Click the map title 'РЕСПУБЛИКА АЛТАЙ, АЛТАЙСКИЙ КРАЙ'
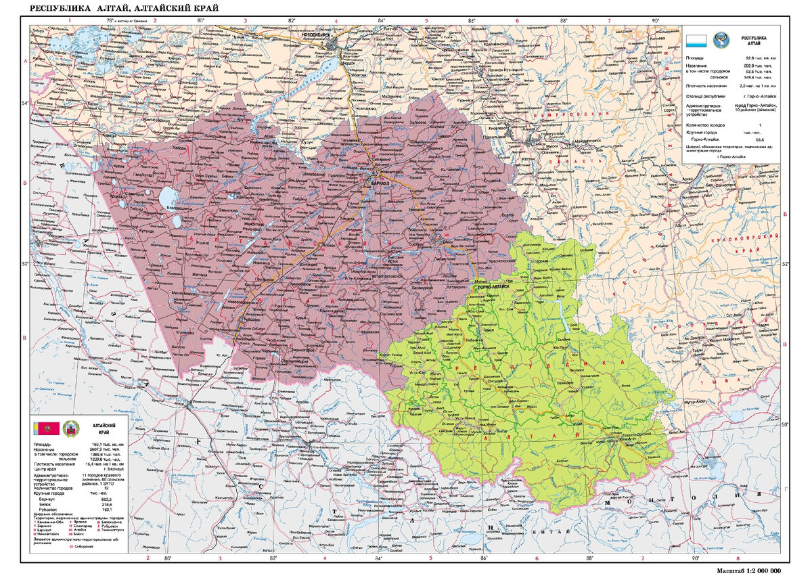pos(125,8)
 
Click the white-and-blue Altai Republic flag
pos(697,41)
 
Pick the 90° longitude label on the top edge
pos(655,21)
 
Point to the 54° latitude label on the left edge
pos(26,103)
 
